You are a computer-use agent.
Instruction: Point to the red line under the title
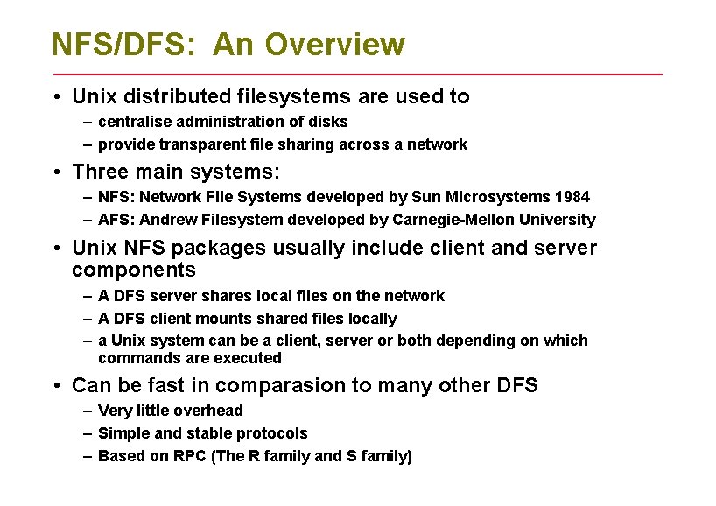pyautogui.click(x=357, y=74)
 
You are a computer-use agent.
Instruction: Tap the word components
pyautogui.click(x=134, y=270)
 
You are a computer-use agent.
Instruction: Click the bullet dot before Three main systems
pyautogui.click(x=54, y=172)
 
